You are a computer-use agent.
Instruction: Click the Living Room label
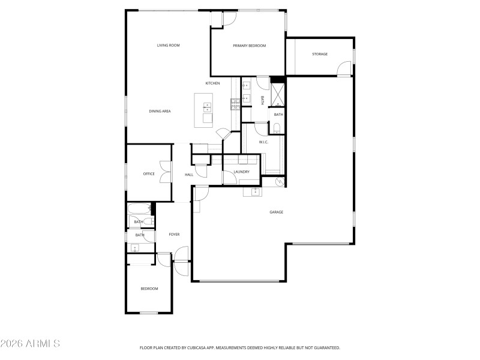pyautogui.click(x=169, y=46)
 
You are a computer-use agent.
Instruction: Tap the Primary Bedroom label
pyautogui.click(x=249, y=46)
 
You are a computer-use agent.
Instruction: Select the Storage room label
pyautogui.click(x=320, y=55)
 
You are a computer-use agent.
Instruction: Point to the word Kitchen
pyautogui.click(x=212, y=83)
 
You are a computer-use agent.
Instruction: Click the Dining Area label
pyautogui.click(x=160, y=112)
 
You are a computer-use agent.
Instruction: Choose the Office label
pyautogui.click(x=149, y=174)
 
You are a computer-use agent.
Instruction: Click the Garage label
pyautogui.click(x=276, y=212)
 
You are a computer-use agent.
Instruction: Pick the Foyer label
pyautogui.click(x=174, y=235)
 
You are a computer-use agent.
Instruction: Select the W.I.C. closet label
pyautogui.click(x=263, y=142)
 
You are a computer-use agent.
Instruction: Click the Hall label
pyautogui.click(x=189, y=175)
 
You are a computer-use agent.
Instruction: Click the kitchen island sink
pyautogui.click(x=207, y=107)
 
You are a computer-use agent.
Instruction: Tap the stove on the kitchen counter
pyautogui.click(x=235, y=104)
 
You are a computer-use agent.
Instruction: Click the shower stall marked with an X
pyautogui.click(x=278, y=94)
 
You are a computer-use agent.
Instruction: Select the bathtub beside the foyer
pyautogui.click(x=139, y=209)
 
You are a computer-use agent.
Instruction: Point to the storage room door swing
pyautogui.click(x=344, y=68)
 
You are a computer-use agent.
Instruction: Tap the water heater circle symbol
pyautogui.click(x=280, y=182)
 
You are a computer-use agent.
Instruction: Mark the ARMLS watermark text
pyautogui.click(x=31, y=344)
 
